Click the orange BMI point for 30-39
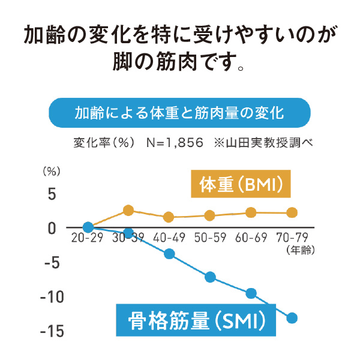click(x=128, y=211)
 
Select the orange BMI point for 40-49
click(x=169, y=217)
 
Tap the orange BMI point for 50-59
click(x=210, y=215)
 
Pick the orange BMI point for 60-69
click(x=251, y=212)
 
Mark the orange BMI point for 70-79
click(x=292, y=212)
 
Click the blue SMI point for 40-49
click(x=169, y=254)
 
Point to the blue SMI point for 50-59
click(x=210, y=277)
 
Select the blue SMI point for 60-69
click(x=251, y=293)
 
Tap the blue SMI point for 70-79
click(x=292, y=318)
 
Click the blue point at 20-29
click(x=88, y=227)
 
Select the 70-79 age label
click(x=292, y=238)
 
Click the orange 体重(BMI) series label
click(x=240, y=184)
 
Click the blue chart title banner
click(x=180, y=113)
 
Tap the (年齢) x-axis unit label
click(x=302, y=248)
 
